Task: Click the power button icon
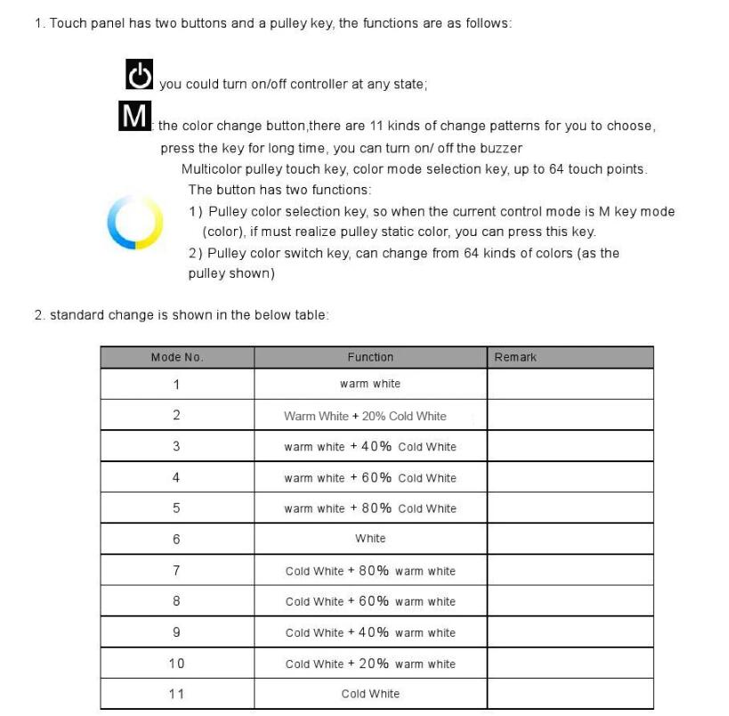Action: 139,75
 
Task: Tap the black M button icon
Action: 134,116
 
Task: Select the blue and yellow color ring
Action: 134,222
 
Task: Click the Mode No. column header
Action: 177,357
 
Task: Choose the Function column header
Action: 370,357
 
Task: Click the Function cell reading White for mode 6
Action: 370,539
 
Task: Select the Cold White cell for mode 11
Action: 370,694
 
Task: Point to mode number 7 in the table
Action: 176,571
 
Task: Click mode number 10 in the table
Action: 176,663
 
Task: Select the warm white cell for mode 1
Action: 370,384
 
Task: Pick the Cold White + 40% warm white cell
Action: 370,633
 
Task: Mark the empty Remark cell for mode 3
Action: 570,446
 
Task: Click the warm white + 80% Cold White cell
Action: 370,509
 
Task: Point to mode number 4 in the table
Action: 176,477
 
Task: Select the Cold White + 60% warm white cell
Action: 370,602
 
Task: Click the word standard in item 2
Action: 77,315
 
